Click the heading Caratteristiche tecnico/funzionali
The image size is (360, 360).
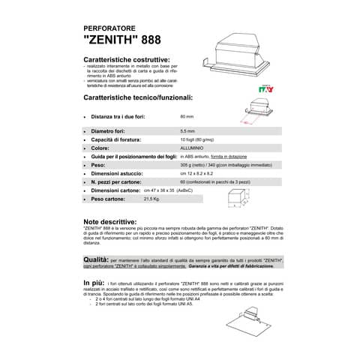[138, 97]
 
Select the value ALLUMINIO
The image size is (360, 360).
[193, 147]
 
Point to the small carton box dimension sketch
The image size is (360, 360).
[237, 196]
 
